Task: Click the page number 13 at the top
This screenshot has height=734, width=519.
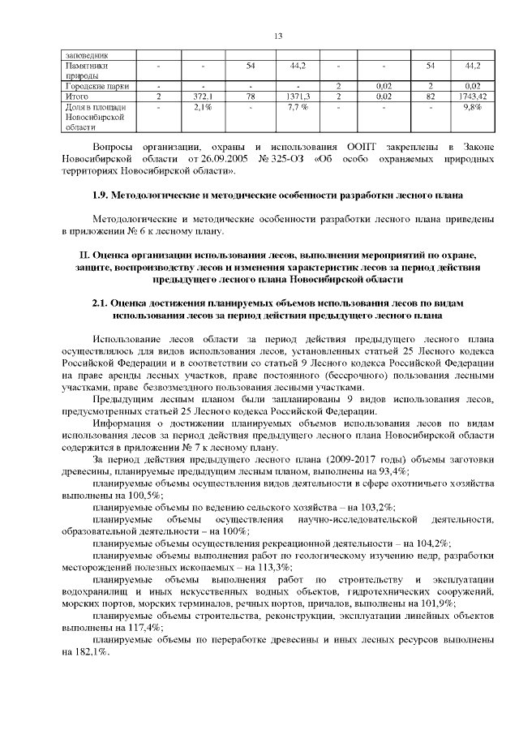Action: tap(277, 36)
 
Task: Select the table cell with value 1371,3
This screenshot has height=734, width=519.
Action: tap(297, 96)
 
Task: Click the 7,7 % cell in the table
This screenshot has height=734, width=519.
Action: tap(297, 107)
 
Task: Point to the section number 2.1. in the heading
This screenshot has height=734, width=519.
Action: tap(105, 303)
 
